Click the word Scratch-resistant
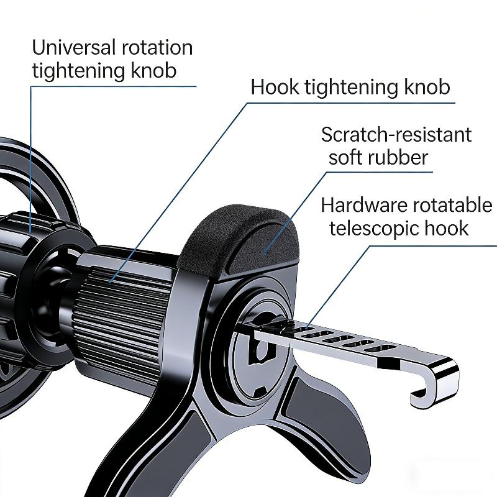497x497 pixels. pyautogui.click(x=396, y=134)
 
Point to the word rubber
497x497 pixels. pyautogui.click(x=399, y=157)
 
